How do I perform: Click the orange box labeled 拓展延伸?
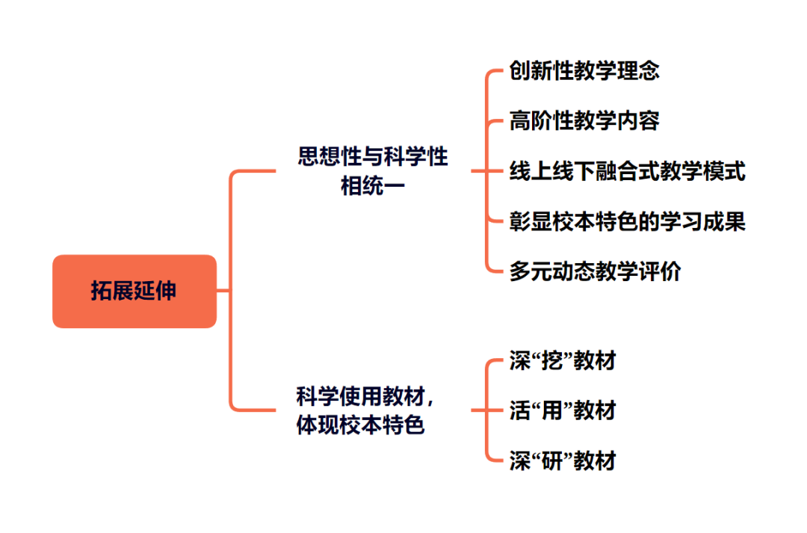click(x=134, y=291)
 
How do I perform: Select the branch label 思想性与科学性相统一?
click(x=373, y=170)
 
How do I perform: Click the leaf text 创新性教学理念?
click(x=584, y=71)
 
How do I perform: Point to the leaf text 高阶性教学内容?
click(x=584, y=120)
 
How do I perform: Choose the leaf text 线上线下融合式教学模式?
click(x=627, y=171)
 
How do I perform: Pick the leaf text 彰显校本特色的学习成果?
click(x=627, y=221)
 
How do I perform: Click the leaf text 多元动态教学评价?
click(x=595, y=271)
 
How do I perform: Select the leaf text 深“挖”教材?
click(x=563, y=361)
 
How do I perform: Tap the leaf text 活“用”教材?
click(x=563, y=410)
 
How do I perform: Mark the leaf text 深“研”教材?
click(x=563, y=460)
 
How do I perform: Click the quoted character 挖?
click(x=552, y=361)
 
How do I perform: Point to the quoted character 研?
click(x=552, y=460)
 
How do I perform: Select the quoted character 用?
click(x=552, y=410)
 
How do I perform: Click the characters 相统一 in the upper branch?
click(x=373, y=185)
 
